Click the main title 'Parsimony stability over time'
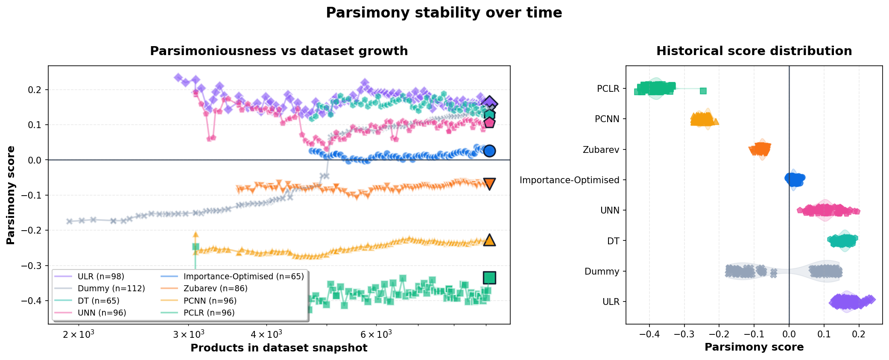(x=444, y=13)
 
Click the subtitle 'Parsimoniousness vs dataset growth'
(x=279, y=51)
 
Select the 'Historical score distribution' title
(x=754, y=51)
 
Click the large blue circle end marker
(x=489, y=151)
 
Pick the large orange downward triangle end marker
(x=489, y=184)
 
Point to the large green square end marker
(x=489, y=278)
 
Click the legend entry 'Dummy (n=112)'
(x=111, y=289)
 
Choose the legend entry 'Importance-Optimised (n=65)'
(x=243, y=277)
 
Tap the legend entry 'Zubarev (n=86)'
(x=215, y=289)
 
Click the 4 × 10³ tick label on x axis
(x=266, y=334)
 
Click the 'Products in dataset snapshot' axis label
(x=279, y=348)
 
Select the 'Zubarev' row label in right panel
(x=601, y=150)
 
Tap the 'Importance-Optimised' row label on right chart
(x=569, y=180)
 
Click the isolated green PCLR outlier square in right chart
(x=703, y=91)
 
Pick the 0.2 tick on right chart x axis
(x=859, y=334)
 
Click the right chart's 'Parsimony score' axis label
(x=754, y=347)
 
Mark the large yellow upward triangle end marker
(x=489, y=240)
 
